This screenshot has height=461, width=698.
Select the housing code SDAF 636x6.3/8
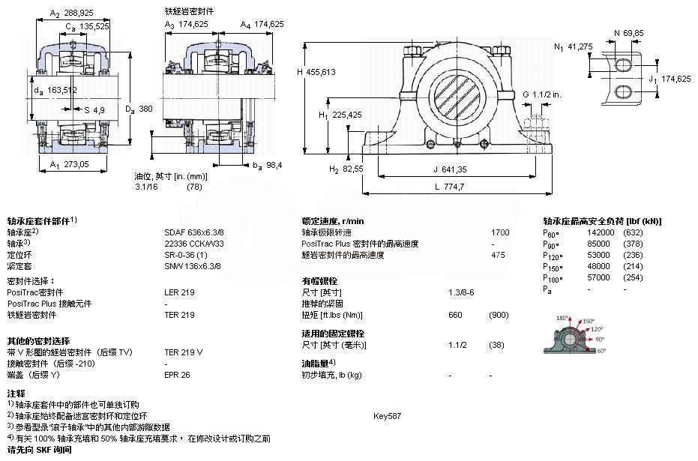point(194,232)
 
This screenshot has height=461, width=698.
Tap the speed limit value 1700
point(499,232)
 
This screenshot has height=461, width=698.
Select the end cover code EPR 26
point(177,374)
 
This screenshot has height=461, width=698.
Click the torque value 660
point(455,315)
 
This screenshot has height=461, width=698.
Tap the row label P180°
point(553,277)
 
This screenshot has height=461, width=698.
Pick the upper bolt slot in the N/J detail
point(624,65)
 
